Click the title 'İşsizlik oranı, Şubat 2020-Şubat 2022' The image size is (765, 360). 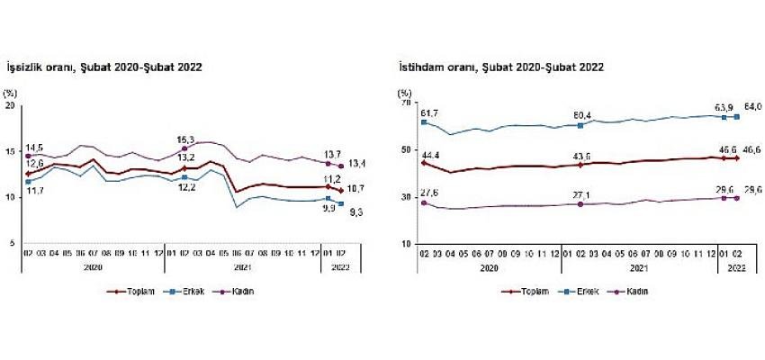[x=103, y=67]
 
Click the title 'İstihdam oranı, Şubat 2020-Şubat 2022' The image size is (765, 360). [x=500, y=67]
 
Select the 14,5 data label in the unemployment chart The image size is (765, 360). [x=35, y=147]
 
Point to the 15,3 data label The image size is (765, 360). [x=185, y=139]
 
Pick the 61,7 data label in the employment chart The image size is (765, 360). [x=428, y=113]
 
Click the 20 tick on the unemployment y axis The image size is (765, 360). [x=10, y=105]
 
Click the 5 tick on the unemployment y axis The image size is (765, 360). [x=12, y=244]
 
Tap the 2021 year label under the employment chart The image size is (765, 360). [x=639, y=268]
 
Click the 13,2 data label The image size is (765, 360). [x=186, y=159]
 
